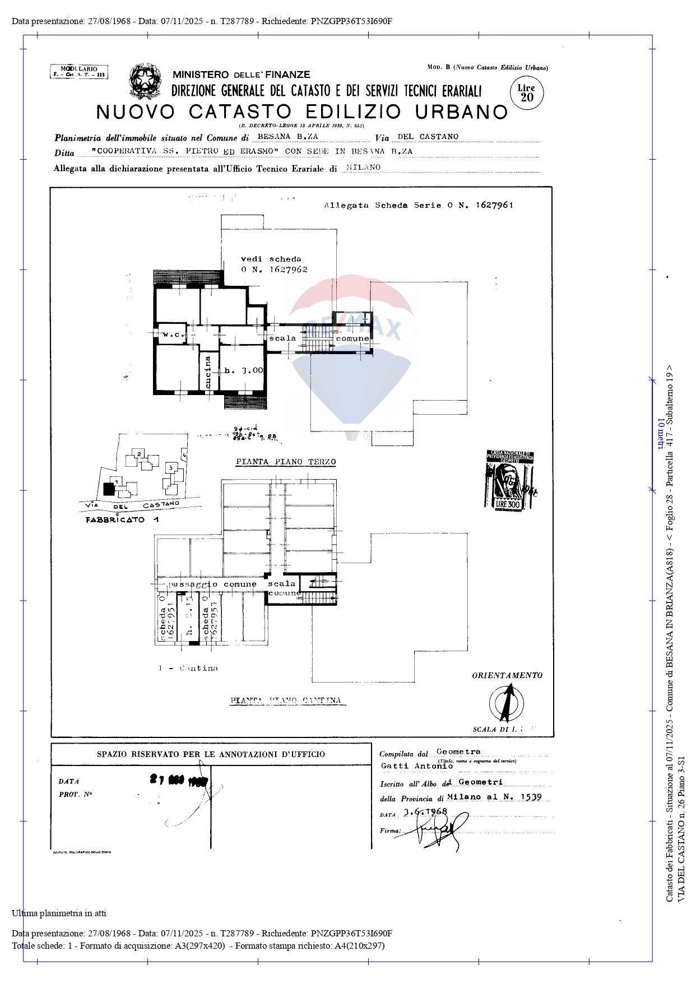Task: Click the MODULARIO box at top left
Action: click(x=79, y=72)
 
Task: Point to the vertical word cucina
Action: click(x=208, y=372)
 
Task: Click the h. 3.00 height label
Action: click(x=243, y=370)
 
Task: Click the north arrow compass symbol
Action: click(x=507, y=703)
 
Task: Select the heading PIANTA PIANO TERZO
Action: click(x=286, y=462)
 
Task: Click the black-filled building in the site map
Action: click(x=109, y=489)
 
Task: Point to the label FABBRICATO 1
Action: click(x=122, y=520)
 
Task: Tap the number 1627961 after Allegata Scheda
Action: click(x=494, y=205)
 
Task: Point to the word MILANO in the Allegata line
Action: click(x=363, y=167)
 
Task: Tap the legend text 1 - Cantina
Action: click(x=188, y=668)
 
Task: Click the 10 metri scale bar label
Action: click(x=661, y=434)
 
